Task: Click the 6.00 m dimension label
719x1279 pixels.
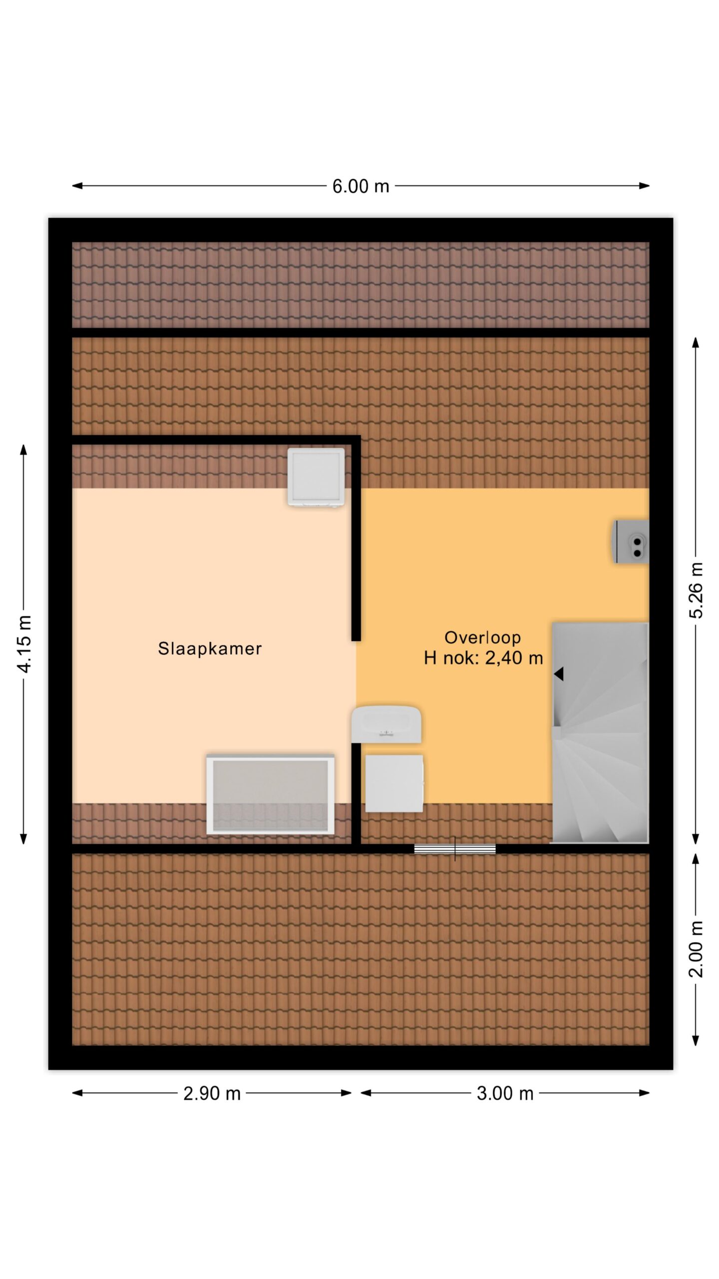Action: [360, 186]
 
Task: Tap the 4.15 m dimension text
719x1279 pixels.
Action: [24, 644]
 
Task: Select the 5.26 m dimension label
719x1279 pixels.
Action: [696, 591]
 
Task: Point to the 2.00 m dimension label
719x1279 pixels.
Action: [696, 949]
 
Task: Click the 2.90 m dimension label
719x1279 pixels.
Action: [212, 1094]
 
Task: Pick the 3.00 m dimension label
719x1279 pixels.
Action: [505, 1094]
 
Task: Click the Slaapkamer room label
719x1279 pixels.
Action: [210, 648]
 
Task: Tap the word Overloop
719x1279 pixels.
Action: [482, 638]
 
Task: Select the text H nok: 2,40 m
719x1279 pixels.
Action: [483, 658]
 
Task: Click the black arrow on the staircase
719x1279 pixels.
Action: [559, 674]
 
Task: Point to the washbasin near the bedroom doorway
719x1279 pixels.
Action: [386, 724]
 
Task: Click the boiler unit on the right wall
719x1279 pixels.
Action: [631, 542]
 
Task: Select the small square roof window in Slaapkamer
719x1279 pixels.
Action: [316, 478]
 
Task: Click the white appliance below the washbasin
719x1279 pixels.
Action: [394, 783]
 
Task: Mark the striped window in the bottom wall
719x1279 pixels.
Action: [455, 849]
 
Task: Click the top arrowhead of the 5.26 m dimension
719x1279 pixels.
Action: [696, 342]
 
